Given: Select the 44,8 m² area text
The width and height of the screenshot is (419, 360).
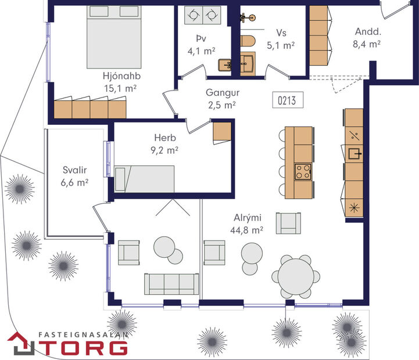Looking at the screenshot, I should pyautogui.click(x=246, y=229).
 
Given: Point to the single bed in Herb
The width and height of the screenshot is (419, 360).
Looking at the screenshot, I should pyautogui.click(x=144, y=178).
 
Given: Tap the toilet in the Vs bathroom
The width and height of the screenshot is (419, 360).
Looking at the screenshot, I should pyautogui.click(x=246, y=42).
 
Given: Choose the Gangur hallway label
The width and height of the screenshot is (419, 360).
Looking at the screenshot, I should pyautogui.click(x=223, y=93).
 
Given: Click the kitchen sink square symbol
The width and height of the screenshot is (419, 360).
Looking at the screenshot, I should pyautogui.click(x=354, y=154).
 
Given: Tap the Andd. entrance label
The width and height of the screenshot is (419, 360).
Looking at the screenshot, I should pyautogui.click(x=367, y=33).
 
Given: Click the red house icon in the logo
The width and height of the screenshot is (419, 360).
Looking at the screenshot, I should pyautogui.click(x=21, y=343).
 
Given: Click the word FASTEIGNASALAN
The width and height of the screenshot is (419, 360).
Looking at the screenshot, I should pyautogui.click(x=83, y=334).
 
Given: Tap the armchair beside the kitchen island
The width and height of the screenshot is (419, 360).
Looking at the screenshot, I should pyautogui.click(x=289, y=222).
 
